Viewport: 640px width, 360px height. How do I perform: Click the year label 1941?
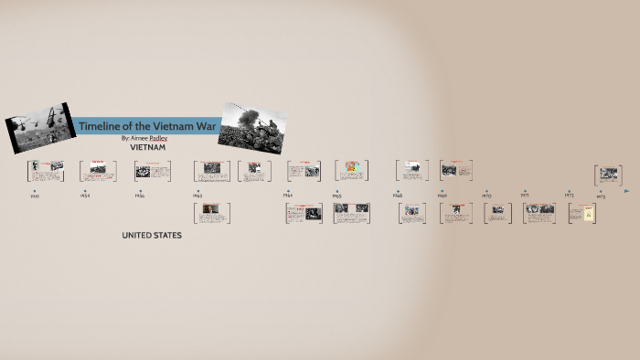click(35, 196)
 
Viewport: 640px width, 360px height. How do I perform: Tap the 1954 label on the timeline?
click(85, 196)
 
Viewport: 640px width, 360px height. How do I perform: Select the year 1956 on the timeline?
click(140, 196)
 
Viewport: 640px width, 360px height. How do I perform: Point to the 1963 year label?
click(197, 196)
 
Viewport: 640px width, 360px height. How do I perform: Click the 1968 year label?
click(398, 196)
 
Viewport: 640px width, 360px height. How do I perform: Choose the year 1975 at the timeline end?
click(601, 196)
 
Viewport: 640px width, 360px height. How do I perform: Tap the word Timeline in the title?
click(100, 125)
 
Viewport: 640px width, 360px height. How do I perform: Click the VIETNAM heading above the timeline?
click(147, 147)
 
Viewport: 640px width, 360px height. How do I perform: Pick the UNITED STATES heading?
click(152, 236)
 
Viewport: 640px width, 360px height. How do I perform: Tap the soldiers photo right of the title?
click(252, 127)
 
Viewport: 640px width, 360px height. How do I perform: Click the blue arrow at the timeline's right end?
click(626, 192)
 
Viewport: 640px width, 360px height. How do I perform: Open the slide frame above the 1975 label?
click(608, 175)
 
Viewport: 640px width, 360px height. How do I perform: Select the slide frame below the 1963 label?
click(211, 213)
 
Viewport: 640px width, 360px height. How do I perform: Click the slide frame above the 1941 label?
click(45, 170)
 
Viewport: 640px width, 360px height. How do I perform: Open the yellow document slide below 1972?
click(582, 213)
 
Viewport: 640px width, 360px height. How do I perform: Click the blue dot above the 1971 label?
click(525, 191)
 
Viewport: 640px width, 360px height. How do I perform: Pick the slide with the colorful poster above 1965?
click(351, 170)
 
